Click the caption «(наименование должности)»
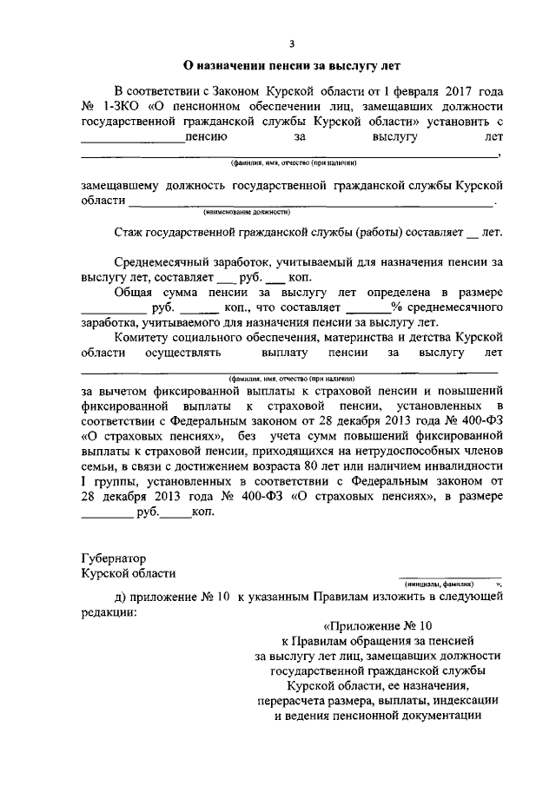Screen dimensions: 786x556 [247, 212]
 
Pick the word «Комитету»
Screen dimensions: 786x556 [144, 337]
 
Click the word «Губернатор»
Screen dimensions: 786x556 [114, 558]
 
